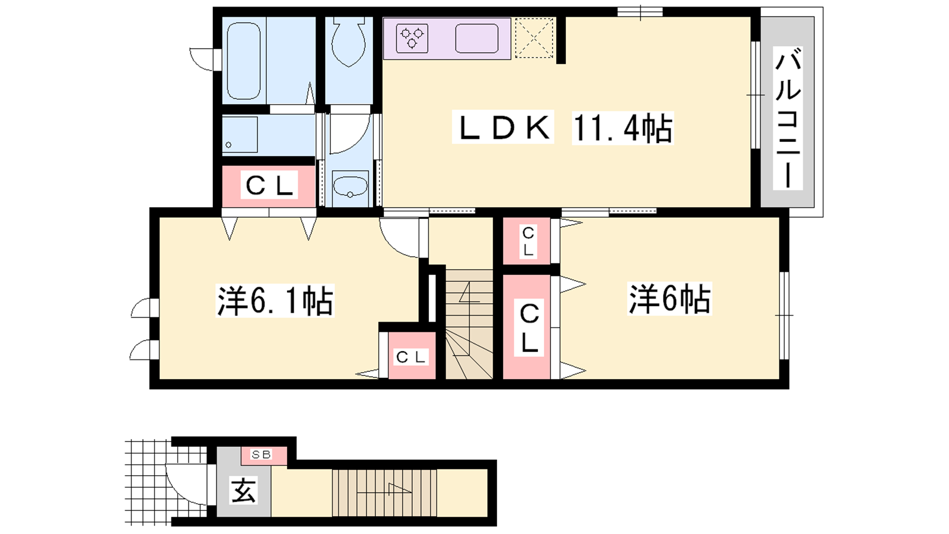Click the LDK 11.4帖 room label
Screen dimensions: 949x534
563,127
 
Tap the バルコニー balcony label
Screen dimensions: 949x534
788,118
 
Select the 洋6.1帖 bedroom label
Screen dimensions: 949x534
275,300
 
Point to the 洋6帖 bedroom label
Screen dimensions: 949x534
670,299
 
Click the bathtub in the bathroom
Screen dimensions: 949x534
244,61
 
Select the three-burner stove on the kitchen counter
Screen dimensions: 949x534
412,38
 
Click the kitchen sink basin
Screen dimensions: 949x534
477,39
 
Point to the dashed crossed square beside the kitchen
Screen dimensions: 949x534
534,38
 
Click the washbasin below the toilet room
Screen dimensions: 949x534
350,187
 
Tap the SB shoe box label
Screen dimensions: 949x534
261,454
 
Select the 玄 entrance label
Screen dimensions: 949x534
244,490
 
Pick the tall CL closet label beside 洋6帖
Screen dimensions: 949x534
529,328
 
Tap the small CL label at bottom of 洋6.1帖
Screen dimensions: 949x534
410,357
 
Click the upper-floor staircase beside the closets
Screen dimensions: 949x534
469,325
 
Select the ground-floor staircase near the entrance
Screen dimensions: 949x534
384,492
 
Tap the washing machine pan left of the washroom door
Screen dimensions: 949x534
240,135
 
